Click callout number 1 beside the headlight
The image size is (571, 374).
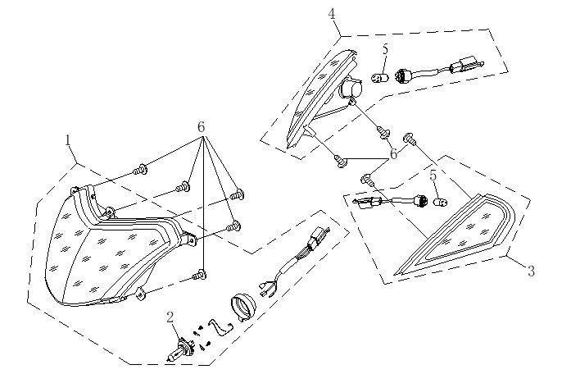pyautogui.click(x=67, y=140)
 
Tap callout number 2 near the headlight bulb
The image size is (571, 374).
pyautogui.click(x=170, y=317)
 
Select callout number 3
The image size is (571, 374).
pyautogui.click(x=532, y=271)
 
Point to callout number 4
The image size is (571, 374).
pyautogui.click(x=332, y=14)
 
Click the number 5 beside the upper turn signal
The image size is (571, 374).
pyautogui.click(x=386, y=49)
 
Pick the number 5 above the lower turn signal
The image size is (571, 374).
pyautogui.click(x=433, y=176)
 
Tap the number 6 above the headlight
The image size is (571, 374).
pyautogui.click(x=201, y=127)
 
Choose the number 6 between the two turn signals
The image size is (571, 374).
pyautogui.click(x=394, y=154)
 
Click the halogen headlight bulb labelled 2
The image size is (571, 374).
pyautogui.click(x=180, y=349)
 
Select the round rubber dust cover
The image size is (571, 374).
pyautogui.click(x=243, y=308)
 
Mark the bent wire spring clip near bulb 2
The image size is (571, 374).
pyautogui.click(x=220, y=327)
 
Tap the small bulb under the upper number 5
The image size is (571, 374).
pyautogui.click(x=380, y=78)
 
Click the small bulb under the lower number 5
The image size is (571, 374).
pyautogui.click(x=440, y=202)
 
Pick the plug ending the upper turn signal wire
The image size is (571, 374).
pyautogui.click(x=467, y=65)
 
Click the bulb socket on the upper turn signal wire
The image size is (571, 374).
pyautogui.click(x=404, y=75)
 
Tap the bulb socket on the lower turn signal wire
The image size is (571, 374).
pyautogui.click(x=421, y=201)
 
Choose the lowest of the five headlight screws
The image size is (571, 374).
pyautogui.click(x=200, y=275)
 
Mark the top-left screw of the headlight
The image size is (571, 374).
pyautogui.click(x=140, y=170)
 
